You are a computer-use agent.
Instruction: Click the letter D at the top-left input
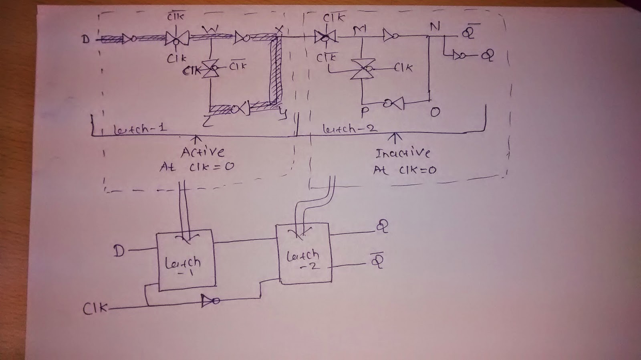[x=86, y=39]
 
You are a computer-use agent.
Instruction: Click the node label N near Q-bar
[x=435, y=27]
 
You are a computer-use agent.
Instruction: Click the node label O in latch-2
[x=435, y=113]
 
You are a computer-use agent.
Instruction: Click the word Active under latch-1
[x=202, y=152]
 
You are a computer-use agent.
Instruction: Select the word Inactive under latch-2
[x=402, y=153]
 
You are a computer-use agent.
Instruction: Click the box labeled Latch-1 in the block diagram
[x=186, y=260]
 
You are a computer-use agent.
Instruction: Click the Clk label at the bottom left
[x=95, y=309]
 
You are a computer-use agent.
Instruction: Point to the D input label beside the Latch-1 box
[x=119, y=251]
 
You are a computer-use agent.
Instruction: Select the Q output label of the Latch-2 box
[x=381, y=228]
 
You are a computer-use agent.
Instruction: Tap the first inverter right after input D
[x=129, y=39]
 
